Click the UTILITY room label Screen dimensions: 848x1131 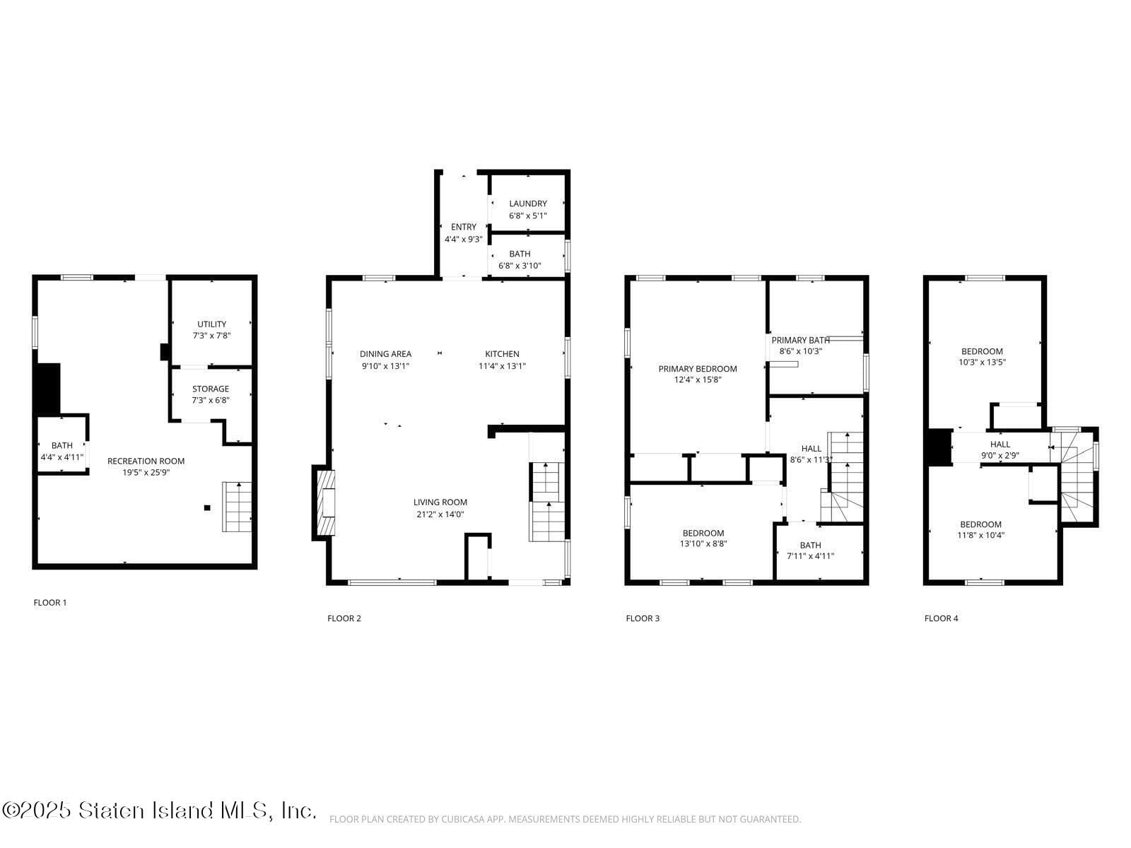click(x=211, y=324)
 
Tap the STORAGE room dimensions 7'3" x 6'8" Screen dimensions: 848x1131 click(x=211, y=400)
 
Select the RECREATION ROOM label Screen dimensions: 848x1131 click(x=146, y=461)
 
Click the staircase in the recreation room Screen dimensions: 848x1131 click(x=238, y=507)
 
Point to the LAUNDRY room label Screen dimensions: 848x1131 click(x=528, y=204)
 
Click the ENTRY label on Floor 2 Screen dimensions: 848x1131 click(x=463, y=227)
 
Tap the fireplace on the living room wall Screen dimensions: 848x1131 click(x=326, y=504)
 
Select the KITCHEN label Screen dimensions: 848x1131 click(x=502, y=354)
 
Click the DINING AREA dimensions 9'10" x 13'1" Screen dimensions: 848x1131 click(x=385, y=366)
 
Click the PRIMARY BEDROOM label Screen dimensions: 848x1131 click(x=697, y=368)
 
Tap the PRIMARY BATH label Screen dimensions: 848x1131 click(x=800, y=340)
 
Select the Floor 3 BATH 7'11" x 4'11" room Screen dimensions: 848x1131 click(x=810, y=550)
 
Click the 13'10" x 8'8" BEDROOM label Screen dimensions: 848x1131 click(x=703, y=533)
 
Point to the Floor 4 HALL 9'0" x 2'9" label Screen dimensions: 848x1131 click(x=1000, y=444)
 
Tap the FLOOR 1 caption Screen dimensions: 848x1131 click(x=50, y=603)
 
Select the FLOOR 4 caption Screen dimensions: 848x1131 click(x=941, y=618)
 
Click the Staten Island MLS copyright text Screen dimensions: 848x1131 click(x=158, y=810)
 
